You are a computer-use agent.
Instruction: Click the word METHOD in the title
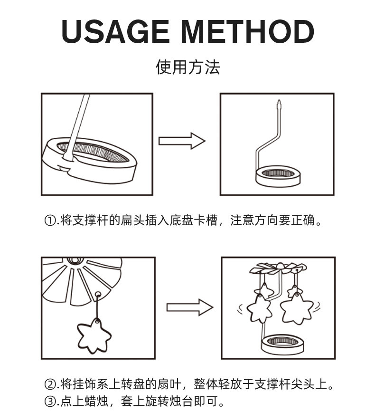tap(248, 31)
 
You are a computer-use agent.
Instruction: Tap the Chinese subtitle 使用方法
tap(187, 67)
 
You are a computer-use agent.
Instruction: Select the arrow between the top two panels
tap(182, 141)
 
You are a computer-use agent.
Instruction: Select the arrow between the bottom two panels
tap(190, 307)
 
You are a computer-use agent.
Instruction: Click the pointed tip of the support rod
tap(279, 100)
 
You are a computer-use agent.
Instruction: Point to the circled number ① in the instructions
tap(50, 220)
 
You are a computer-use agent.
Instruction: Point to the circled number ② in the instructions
tap(50, 384)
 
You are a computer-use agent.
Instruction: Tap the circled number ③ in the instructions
tap(50, 401)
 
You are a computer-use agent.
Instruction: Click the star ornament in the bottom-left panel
tap(94, 336)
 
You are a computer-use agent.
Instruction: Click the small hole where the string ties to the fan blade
tap(98, 295)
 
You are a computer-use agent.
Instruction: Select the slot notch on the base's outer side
tap(65, 168)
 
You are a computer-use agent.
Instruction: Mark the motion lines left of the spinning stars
tap(241, 309)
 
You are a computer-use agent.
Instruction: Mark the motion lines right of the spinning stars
tap(317, 306)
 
